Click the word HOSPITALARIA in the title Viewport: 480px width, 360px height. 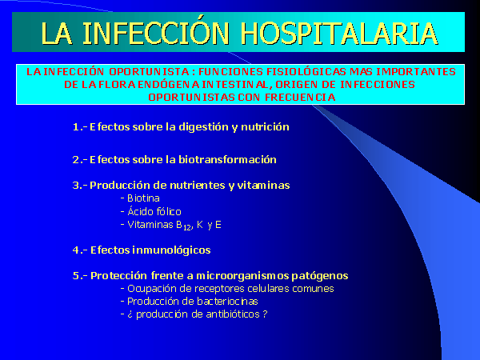339,34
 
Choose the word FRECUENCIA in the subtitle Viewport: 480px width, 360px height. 300,98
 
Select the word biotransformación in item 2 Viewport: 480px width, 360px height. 227,159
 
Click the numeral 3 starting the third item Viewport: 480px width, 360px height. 76,186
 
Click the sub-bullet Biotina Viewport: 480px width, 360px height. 143,198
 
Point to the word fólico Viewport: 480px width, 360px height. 168,211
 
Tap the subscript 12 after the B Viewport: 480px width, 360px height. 187,227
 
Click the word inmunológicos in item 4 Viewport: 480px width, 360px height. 171,250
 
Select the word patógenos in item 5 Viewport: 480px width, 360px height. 319,276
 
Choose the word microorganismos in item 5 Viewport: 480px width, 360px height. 242,276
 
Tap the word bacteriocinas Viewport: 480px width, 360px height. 227,302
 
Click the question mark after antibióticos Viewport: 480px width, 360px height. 265,314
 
